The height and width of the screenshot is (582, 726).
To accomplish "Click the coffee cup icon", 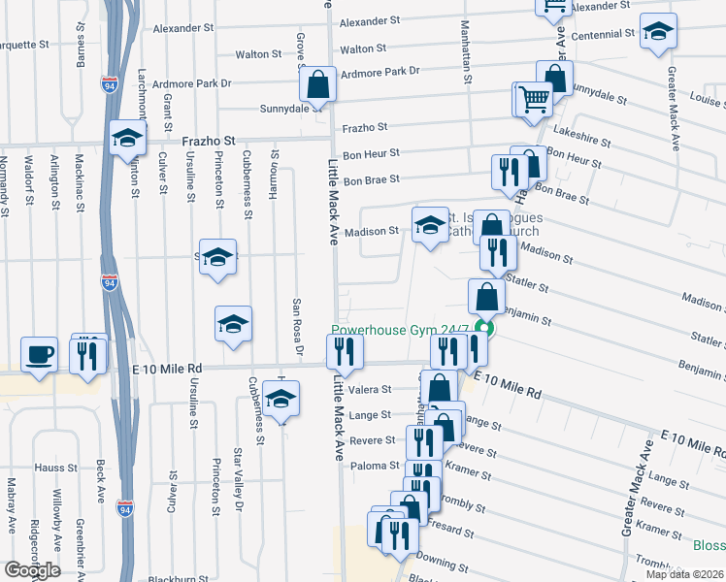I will tap(39, 354).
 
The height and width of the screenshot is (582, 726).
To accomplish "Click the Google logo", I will tap(32, 570).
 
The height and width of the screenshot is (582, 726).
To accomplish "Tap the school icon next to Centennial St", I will tap(658, 32).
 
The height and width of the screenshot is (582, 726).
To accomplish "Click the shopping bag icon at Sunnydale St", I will tap(317, 85).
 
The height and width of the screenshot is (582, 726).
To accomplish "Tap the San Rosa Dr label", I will tap(299, 330).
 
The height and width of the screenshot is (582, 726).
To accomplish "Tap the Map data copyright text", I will tap(685, 574).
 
